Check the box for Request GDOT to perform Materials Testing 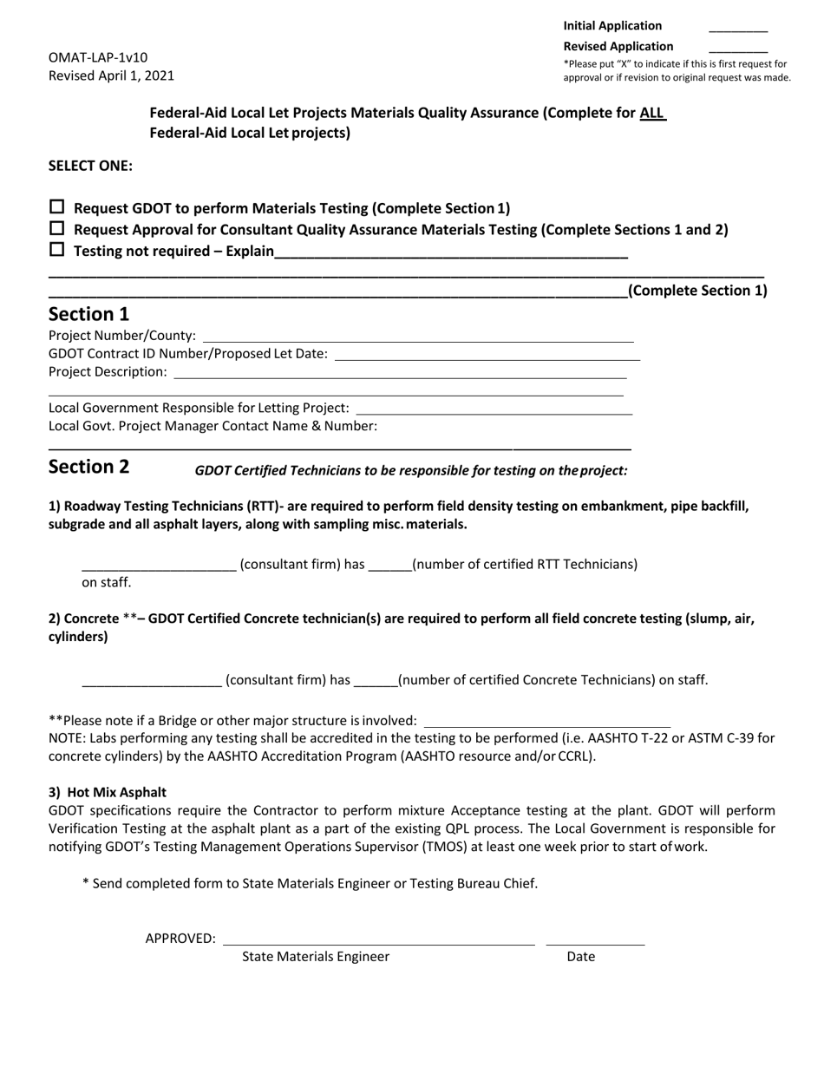pos(57,207)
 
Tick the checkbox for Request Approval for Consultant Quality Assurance pos(57,229)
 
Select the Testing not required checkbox pos(57,250)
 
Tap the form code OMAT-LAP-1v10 pos(98,57)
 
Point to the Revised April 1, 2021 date pos(111,75)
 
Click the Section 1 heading pos(88,314)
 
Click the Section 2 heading pos(88,467)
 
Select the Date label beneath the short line pos(581,957)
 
